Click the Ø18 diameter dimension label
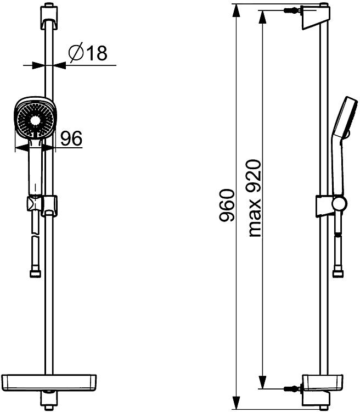pos(88,53)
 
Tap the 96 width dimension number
pos(71,138)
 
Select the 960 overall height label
pos(226,205)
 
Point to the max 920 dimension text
pos(255,198)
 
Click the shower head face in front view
pos(34,118)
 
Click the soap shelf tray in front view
pos(49,382)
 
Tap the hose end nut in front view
pos(36,273)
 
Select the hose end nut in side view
pos(338,274)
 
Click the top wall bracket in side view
pos(314,17)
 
